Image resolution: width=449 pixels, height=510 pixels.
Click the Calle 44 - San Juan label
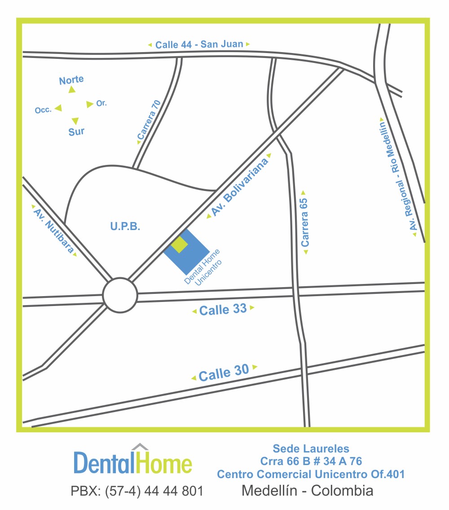(x=199, y=44)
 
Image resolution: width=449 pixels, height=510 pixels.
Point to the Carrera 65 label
(x=305, y=222)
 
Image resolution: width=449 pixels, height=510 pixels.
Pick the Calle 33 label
(x=223, y=309)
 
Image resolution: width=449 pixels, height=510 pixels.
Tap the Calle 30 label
(x=224, y=373)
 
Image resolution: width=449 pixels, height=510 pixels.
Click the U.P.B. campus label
(x=125, y=227)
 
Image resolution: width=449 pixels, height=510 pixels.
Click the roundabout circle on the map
(x=119, y=295)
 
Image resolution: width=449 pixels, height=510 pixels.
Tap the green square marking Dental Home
(x=179, y=244)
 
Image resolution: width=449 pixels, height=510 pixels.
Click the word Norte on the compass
(x=71, y=80)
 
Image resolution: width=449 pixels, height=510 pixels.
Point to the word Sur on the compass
(x=76, y=132)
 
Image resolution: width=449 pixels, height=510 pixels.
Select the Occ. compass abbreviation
(x=43, y=110)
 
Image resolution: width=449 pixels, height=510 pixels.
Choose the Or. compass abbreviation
(x=101, y=103)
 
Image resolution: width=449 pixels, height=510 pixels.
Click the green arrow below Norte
(x=72, y=90)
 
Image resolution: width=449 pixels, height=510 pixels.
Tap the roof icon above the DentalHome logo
(x=140, y=446)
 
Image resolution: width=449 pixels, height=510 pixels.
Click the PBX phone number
(x=137, y=491)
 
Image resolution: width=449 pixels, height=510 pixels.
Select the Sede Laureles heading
(x=311, y=448)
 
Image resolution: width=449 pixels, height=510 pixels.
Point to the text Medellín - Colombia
(x=307, y=490)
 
